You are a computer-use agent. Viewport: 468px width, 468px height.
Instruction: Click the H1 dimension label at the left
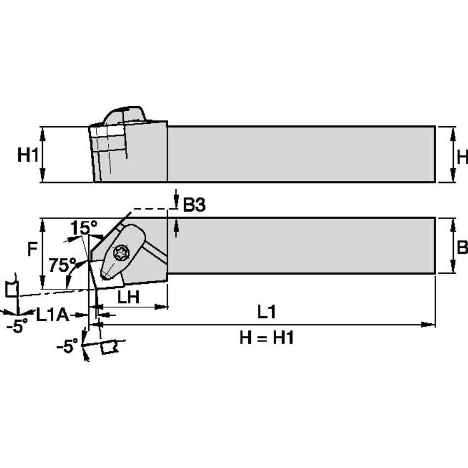28,155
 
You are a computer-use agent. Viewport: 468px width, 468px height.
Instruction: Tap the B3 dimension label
195,205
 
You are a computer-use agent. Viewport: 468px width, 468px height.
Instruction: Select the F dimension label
32,249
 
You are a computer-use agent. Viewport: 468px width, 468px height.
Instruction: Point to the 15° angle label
84,228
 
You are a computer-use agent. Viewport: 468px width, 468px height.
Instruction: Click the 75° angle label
62,265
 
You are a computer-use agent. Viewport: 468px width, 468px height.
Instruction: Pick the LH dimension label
128,297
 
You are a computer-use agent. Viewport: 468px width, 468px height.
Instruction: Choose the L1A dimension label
53,315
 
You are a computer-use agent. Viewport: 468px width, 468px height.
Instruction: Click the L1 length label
266,312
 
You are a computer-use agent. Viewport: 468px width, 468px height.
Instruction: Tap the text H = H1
266,338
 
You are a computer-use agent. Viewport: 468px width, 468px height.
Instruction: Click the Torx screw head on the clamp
122,253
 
